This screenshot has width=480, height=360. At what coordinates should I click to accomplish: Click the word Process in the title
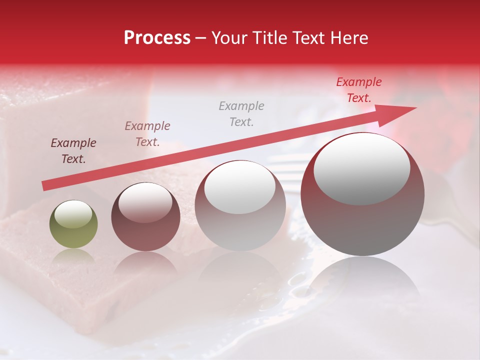click(x=157, y=38)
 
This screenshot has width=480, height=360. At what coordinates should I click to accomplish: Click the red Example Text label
click(x=358, y=90)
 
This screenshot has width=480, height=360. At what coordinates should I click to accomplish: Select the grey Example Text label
click(x=241, y=113)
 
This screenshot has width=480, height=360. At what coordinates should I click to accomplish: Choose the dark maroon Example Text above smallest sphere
click(x=73, y=151)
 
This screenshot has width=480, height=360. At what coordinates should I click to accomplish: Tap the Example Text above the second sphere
click(x=147, y=133)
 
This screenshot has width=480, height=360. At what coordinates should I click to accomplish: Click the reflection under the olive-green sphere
click(x=73, y=256)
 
